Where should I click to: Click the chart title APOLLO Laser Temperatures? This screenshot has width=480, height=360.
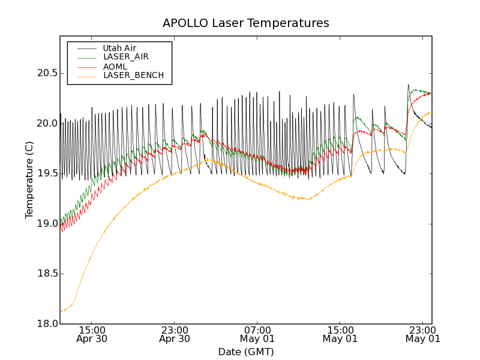(x=245, y=23)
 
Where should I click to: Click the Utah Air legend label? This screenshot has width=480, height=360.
(x=119, y=48)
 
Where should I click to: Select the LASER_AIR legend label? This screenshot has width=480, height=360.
(x=126, y=57)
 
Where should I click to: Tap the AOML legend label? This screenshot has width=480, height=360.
(x=115, y=67)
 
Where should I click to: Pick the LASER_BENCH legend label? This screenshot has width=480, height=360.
(x=133, y=76)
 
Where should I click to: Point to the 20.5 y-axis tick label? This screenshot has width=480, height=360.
(x=47, y=73)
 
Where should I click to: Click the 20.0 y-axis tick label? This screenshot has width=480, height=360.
(x=47, y=124)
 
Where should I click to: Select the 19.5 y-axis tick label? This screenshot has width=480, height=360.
(x=47, y=173)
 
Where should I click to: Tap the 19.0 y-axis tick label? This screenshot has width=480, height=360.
(x=47, y=224)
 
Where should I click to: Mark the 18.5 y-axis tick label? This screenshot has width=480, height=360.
(x=47, y=274)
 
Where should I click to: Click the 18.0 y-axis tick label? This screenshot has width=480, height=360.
(x=47, y=324)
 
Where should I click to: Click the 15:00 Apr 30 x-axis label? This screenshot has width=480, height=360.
(x=92, y=334)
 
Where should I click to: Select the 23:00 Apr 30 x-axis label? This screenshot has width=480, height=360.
(x=175, y=334)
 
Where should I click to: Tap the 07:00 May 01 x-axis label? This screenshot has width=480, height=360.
(x=257, y=334)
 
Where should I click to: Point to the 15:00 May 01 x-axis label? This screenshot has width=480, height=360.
(x=340, y=334)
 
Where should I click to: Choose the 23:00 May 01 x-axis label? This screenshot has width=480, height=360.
(x=423, y=334)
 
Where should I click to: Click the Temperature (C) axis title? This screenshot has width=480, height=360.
(x=29, y=180)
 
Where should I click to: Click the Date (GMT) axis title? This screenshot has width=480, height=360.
(x=245, y=352)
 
